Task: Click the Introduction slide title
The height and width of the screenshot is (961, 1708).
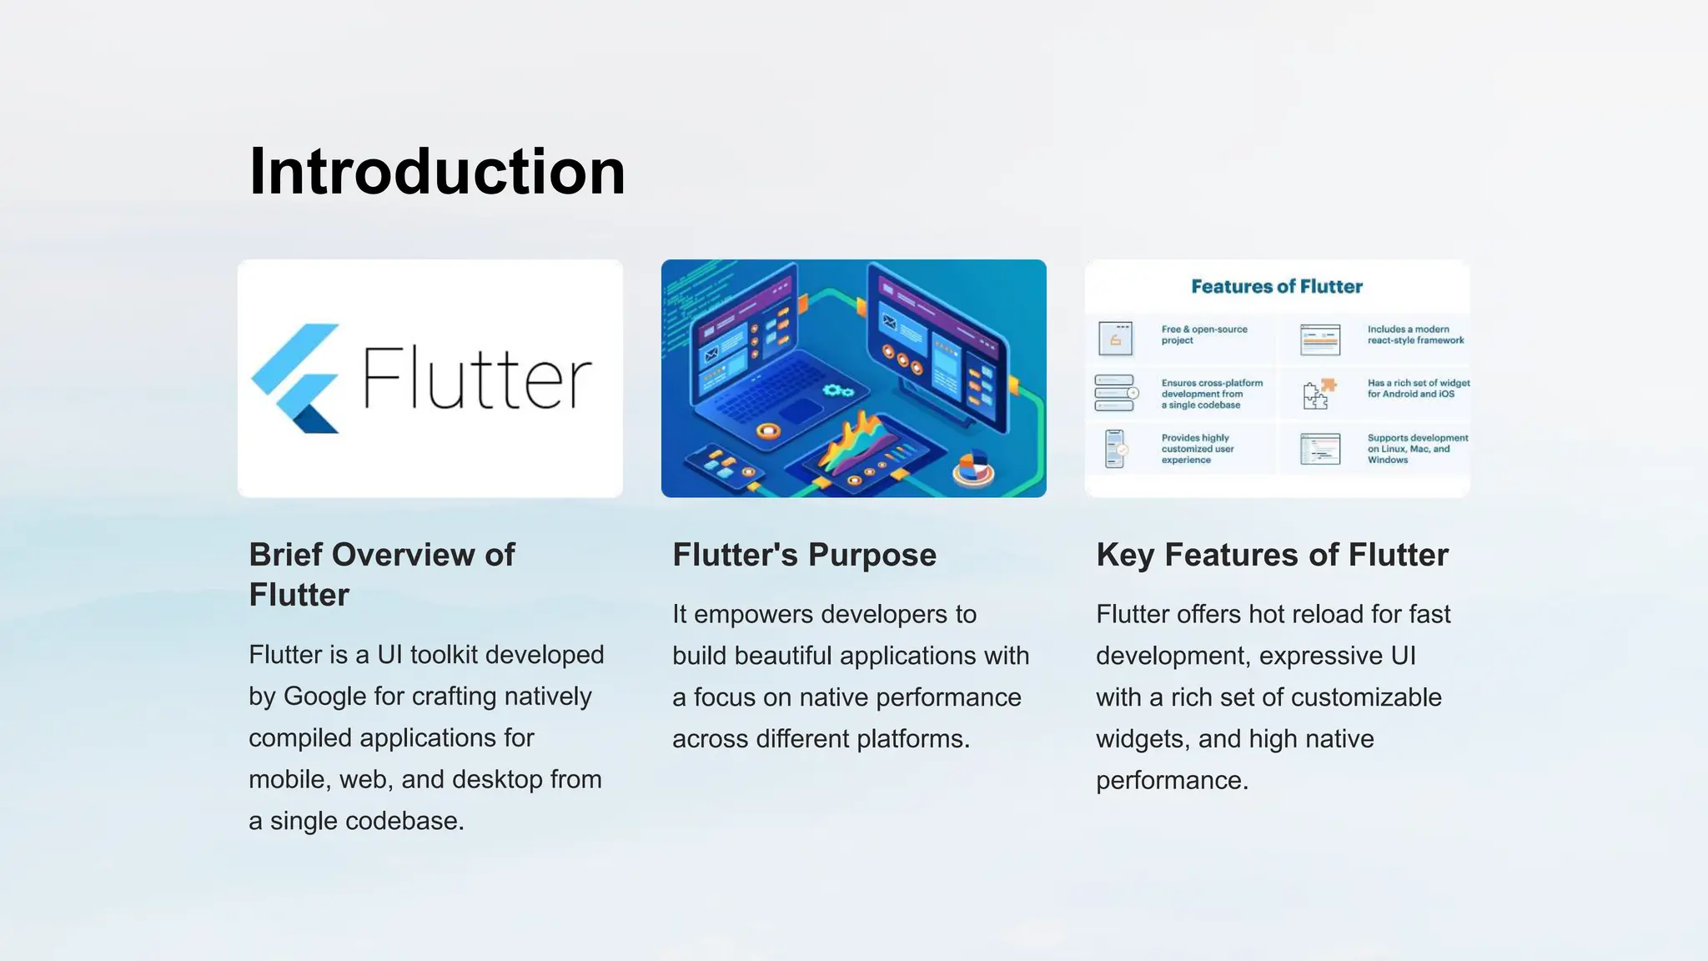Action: tap(437, 172)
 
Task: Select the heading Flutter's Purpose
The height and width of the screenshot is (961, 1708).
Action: tap(804, 555)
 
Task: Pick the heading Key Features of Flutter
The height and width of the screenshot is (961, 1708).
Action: tap(1272, 555)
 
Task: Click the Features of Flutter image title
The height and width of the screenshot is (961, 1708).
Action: tap(1276, 286)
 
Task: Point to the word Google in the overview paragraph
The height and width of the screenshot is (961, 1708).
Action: tap(329, 696)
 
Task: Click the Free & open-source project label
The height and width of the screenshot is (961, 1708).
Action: tap(1203, 335)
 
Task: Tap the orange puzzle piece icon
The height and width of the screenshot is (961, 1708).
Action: tap(1329, 385)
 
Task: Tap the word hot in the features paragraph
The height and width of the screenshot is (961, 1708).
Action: tap(1266, 614)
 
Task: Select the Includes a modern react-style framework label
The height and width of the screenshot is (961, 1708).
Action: tap(1415, 335)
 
